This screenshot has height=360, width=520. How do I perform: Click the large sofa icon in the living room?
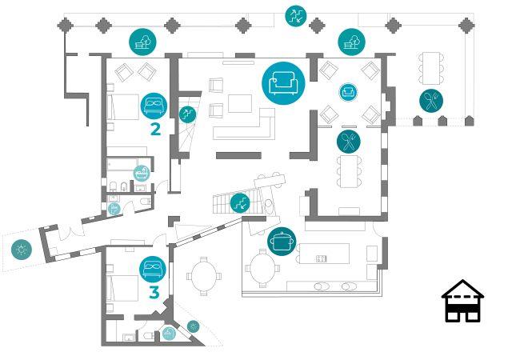[x=283, y=83]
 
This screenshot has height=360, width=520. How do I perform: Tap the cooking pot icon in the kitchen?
[x=282, y=242]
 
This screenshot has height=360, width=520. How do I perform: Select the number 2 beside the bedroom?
[x=155, y=130]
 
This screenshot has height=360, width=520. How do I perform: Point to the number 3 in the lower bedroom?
[x=154, y=292]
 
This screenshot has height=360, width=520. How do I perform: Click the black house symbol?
[x=462, y=301]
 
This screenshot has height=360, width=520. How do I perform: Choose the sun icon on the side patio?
[x=22, y=250]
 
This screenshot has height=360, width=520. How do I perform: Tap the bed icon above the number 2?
[x=154, y=106]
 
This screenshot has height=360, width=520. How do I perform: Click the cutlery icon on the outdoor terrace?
[x=431, y=101]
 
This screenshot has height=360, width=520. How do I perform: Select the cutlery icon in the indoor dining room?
[x=349, y=142]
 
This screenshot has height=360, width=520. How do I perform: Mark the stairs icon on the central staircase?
[x=240, y=203]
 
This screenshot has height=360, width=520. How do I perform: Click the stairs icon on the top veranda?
[x=296, y=16]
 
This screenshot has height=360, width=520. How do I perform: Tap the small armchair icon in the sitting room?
[x=348, y=92]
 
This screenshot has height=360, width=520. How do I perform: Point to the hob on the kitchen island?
[x=322, y=258]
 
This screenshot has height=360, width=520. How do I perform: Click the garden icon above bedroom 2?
[x=142, y=42]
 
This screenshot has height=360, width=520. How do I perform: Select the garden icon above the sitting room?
[x=351, y=42]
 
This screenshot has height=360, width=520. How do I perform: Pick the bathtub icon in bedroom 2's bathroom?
[x=142, y=173]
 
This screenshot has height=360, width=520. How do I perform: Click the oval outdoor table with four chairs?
[x=204, y=276]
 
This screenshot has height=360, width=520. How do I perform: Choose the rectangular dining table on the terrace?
[x=431, y=68]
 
